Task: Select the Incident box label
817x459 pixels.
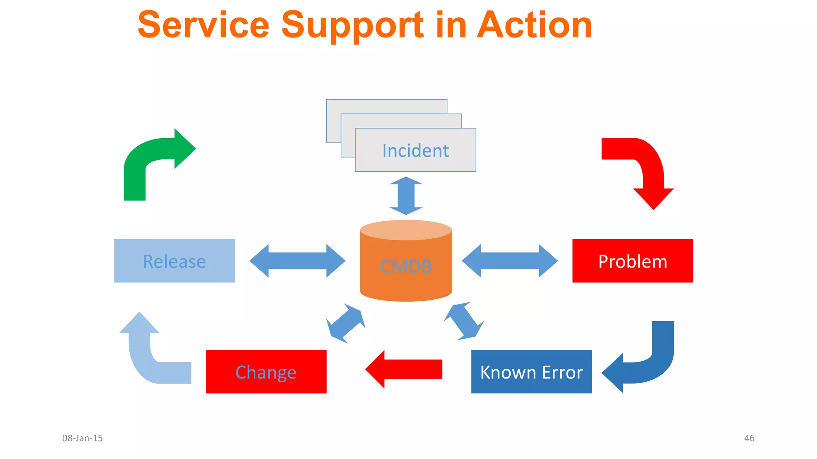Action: click(415, 151)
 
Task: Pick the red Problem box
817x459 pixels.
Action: click(632, 261)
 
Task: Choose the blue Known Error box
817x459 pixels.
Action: click(531, 372)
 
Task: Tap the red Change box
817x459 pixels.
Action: click(266, 372)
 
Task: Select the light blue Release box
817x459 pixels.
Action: click(174, 261)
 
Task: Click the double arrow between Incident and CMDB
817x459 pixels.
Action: click(406, 196)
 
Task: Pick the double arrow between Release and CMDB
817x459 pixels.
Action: click(297, 261)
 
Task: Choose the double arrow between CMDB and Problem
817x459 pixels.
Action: click(509, 261)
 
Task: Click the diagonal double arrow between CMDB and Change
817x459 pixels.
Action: click(345, 323)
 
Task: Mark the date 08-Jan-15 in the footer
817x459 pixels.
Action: click(83, 438)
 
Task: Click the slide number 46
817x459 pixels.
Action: click(749, 438)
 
